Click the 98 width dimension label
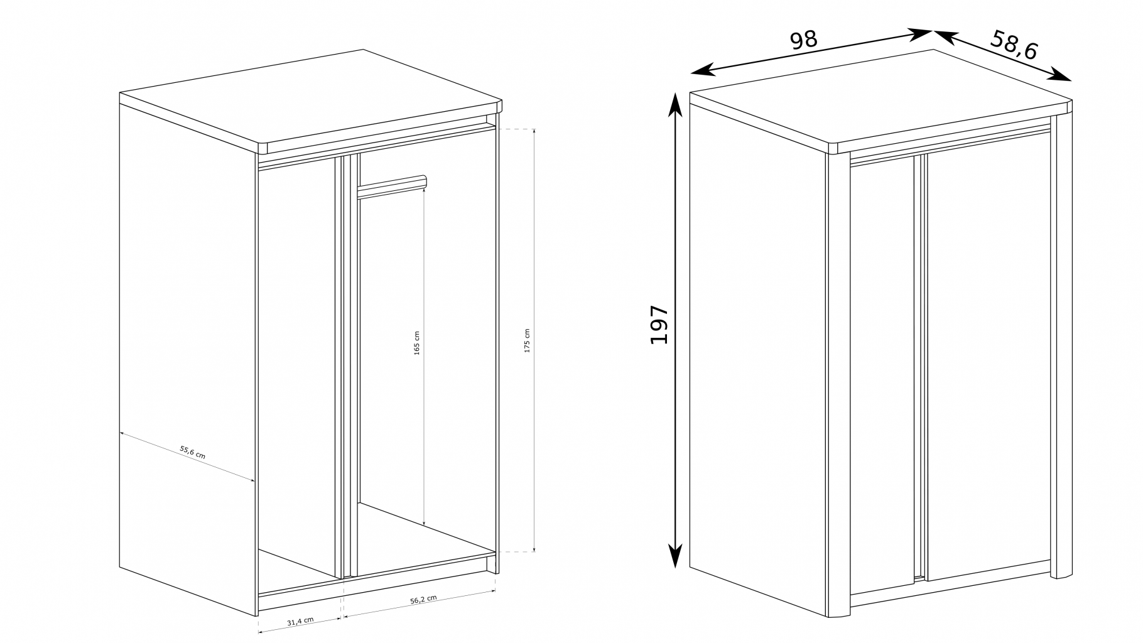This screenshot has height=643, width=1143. pos(803,40)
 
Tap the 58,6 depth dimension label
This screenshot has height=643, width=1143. pos(1014,45)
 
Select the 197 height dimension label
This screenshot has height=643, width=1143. pos(659,324)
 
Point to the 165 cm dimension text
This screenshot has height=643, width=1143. pos(417,343)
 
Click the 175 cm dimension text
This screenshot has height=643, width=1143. pos(527,340)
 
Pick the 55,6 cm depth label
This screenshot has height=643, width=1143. pos(193,452)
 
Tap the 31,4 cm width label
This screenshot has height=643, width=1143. pos(300,621)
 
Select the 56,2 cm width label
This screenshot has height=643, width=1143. pos(423,600)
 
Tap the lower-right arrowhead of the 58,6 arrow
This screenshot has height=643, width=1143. pos(1060,75)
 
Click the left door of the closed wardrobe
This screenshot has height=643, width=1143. pos(882,376)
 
